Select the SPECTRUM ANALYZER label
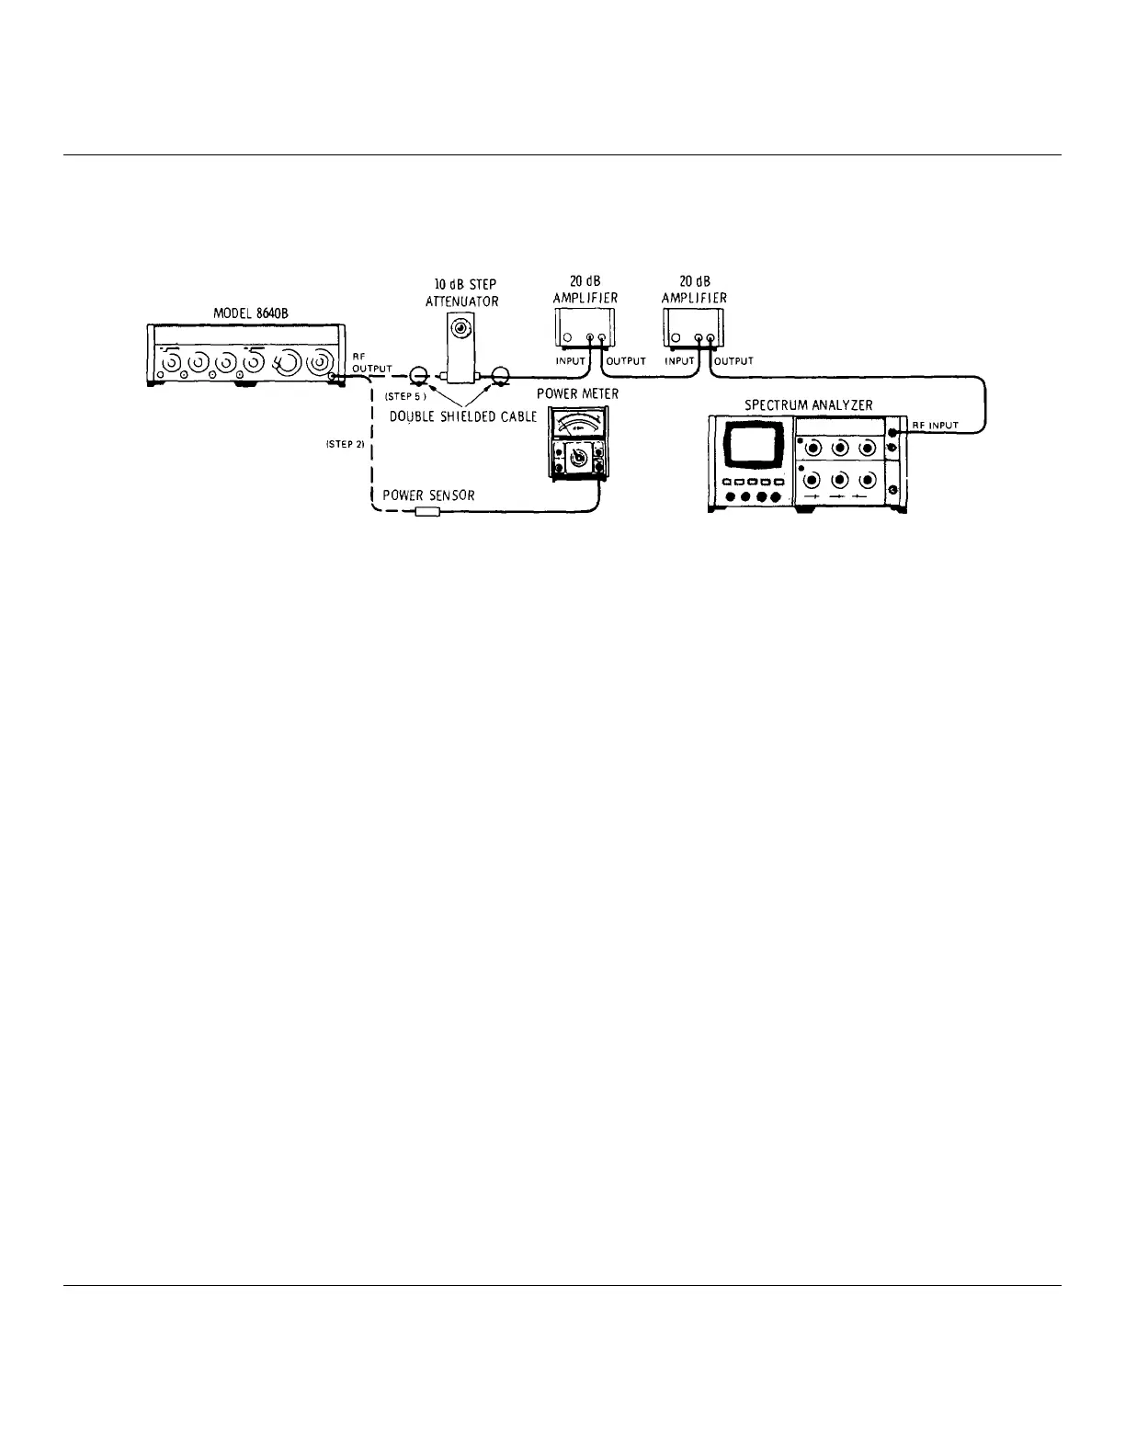pyautogui.click(x=808, y=404)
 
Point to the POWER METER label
pyautogui.click(x=577, y=394)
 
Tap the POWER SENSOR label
pyautogui.click(x=428, y=495)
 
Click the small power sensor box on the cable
pyautogui.click(x=429, y=511)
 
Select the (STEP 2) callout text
pyautogui.click(x=346, y=444)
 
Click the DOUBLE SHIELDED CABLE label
pyautogui.click(x=463, y=416)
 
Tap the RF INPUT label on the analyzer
pyautogui.click(x=935, y=425)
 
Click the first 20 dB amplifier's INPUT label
pyautogui.click(x=570, y=361)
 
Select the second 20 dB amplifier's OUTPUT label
pyautogui.click(x=733, y=361)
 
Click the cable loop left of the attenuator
pyautogui.click(x=419, y=375)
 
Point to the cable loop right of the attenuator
pyautogui.click(x=501, y=375)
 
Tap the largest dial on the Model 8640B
pyautogui.click(x=287, y=362)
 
